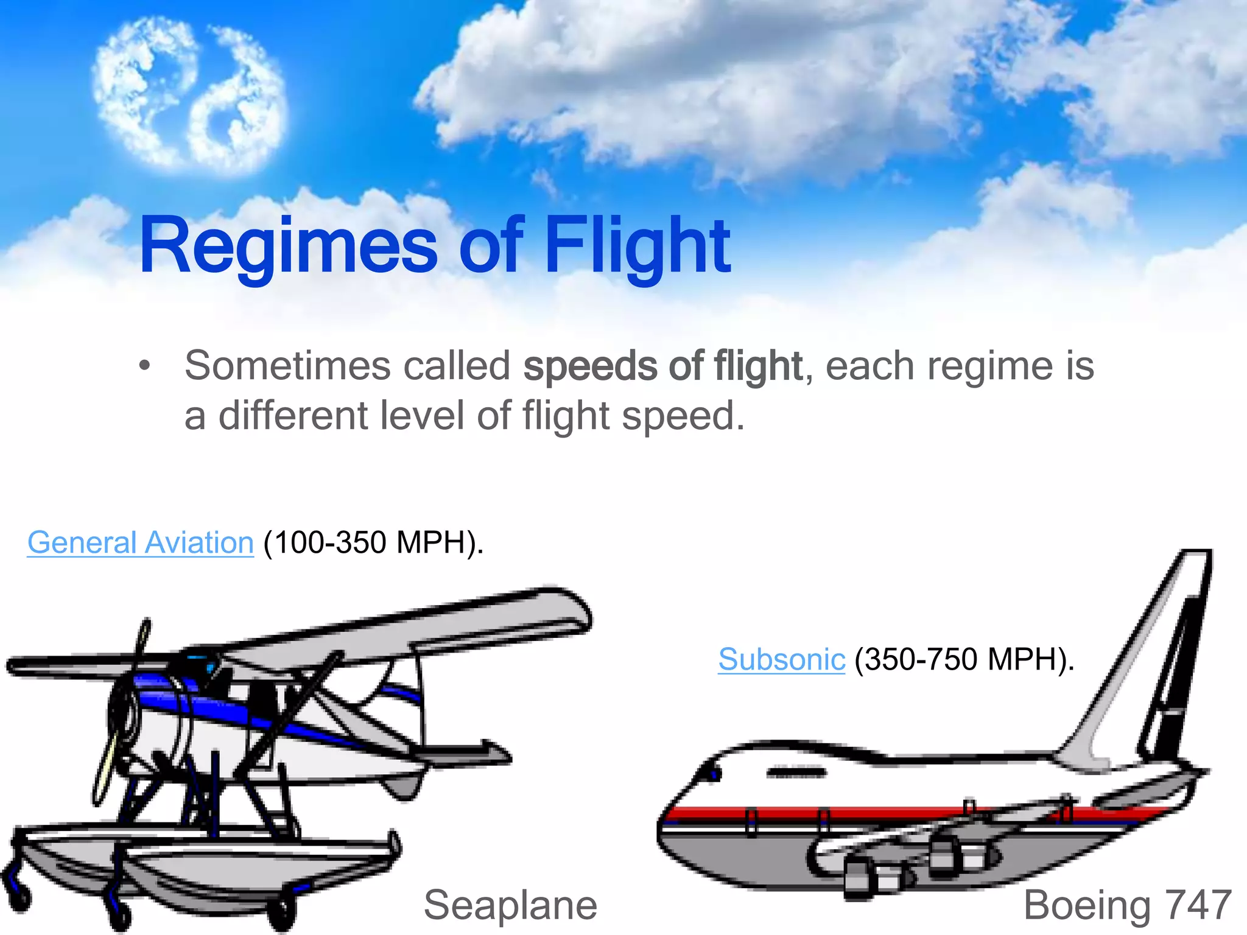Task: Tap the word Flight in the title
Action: [637, 247]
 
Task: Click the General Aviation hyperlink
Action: [140, 542]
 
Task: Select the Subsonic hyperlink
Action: [781, 659]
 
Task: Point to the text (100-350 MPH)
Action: [373, 542]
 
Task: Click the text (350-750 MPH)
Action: [964, 659]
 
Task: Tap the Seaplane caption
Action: [510, 905]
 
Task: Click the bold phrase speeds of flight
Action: [663, 366]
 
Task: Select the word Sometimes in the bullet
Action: [287, 366]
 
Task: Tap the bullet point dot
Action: [144, 366]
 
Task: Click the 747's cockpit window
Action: [712, 774]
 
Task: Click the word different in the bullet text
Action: [293, 416]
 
